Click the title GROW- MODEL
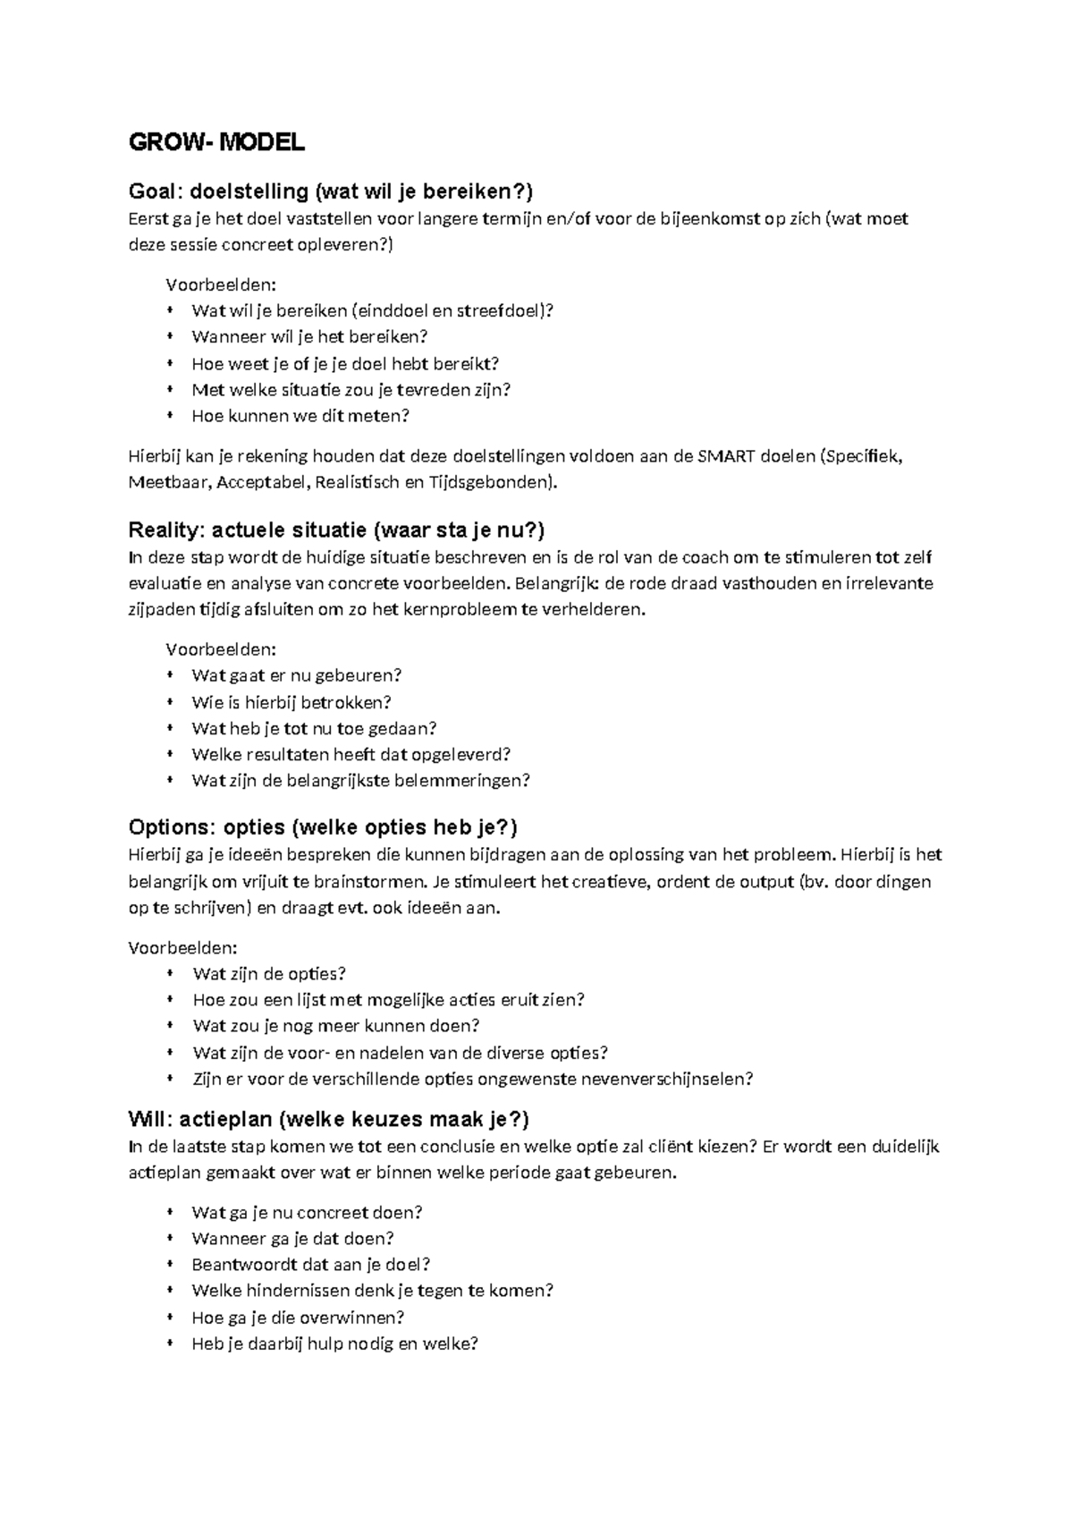tap(216, 142)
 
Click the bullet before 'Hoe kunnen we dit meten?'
tap(169, 415)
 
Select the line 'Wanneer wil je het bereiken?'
tap(309, 337)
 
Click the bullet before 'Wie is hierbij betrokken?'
tap(169, 702)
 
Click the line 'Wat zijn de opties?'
tap(269, 974)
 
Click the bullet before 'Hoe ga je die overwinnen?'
tap(169, 1317)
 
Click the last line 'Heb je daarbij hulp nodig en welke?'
tap(334, 1343)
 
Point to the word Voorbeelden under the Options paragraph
tap(183, 947)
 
